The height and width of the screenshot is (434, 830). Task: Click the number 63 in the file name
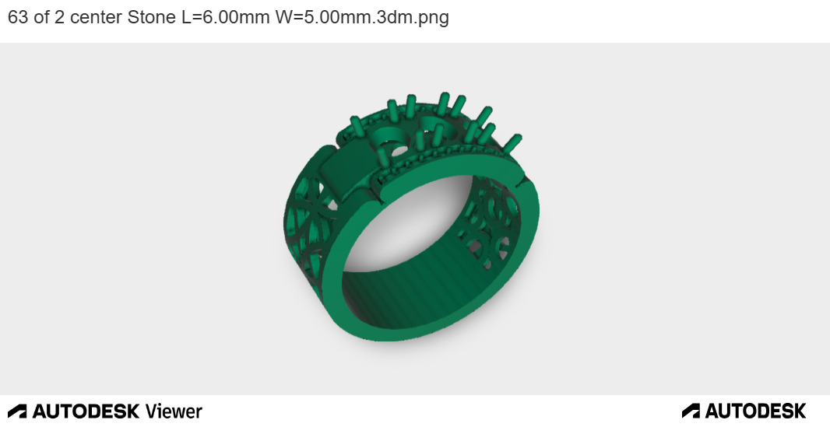coord(18,18)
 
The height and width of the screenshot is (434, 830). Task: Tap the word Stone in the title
coord(152,18)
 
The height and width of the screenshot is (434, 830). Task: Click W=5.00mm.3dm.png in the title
coord(362,18)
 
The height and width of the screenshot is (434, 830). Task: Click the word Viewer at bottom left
coord(174,411)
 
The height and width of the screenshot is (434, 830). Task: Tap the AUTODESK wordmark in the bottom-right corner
coord(755,411)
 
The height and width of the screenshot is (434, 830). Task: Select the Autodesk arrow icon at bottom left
coord(17,411)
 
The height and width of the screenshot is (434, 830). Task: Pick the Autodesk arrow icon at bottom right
coord(691,411)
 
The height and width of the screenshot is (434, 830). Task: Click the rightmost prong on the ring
coord(514,143)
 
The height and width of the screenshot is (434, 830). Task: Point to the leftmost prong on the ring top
coord(356,125)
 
